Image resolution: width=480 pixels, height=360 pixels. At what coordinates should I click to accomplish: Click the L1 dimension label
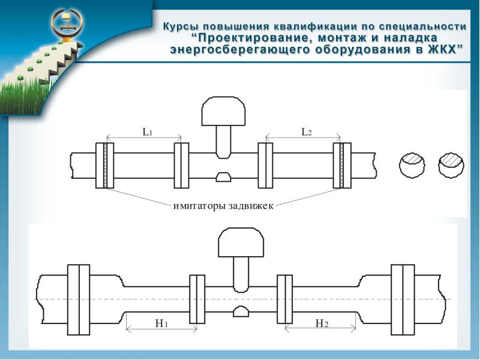(146, 133)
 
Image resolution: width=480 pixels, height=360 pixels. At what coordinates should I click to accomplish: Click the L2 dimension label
(306, 132)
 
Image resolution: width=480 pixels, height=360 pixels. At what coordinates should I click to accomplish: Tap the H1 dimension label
(161, 323)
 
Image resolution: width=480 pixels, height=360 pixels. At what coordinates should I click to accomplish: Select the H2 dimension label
(322, 323)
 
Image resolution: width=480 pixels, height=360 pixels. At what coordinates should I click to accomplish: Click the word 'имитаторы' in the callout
(199, 206)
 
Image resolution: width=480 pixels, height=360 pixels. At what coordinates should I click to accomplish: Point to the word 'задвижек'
(250, 206)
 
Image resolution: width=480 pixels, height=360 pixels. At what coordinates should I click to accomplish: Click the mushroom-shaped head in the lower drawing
(241, 242)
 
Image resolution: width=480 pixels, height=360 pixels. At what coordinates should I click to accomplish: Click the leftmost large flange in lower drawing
(79, 299)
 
